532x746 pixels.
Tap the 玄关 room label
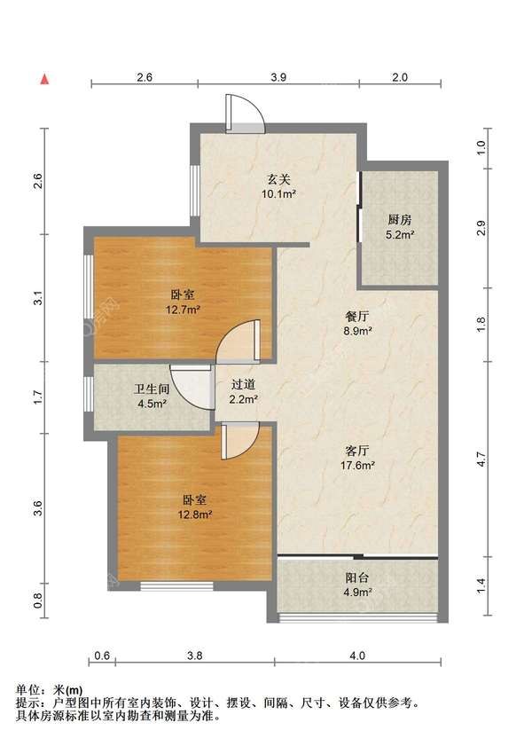278,180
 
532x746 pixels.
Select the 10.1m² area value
278,193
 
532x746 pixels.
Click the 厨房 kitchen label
399,220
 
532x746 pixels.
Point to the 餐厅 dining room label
357,317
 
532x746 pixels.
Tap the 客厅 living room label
357,451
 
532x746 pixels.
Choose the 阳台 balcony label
357,578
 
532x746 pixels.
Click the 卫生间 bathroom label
152,389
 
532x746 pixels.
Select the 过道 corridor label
244,384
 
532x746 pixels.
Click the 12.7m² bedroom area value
182,310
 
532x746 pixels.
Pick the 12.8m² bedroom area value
195,514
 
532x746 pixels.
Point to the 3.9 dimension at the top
278,77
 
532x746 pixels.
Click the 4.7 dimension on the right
481,459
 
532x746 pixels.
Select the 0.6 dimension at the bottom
102,656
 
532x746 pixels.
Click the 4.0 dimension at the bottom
357,656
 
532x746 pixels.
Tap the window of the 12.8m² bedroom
176,585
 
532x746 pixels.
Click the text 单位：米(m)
50,690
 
